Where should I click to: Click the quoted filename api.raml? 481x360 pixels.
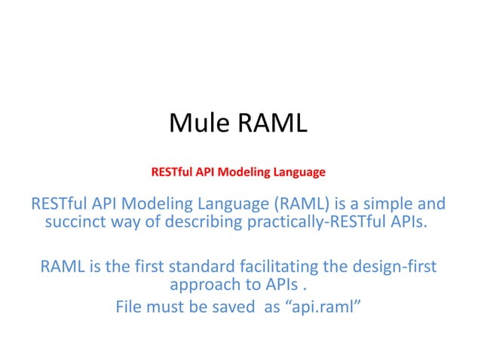pyautogui.click(x=322, y=307)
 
